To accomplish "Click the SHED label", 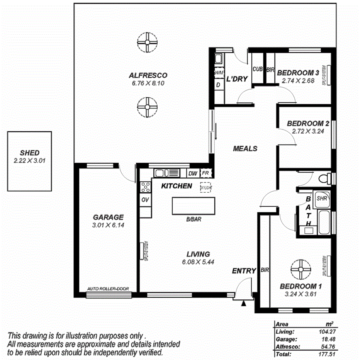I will [30, 153].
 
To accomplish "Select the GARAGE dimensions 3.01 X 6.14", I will [108, 224].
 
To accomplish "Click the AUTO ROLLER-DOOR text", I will [108, 289].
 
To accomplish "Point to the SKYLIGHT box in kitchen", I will [206, 187].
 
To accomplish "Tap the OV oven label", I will [145, 200].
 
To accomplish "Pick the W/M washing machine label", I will [218, 73].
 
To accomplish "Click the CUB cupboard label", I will [258, 70].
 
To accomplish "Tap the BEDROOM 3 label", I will [298, 73].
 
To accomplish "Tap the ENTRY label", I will [244, 271].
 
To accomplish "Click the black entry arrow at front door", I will [243, 304].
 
